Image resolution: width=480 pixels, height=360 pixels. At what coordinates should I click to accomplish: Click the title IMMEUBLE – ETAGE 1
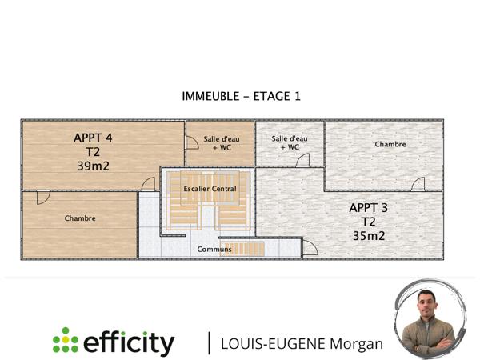tap(240, 96)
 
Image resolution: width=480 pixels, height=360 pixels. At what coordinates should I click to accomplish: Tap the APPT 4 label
tap(93, 138)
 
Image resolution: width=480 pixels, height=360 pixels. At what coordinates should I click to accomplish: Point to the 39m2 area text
tap(93, 166)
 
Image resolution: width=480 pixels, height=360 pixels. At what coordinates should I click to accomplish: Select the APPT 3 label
tap(369, 207)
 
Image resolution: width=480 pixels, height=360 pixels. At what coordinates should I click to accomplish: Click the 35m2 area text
tap(369, 236)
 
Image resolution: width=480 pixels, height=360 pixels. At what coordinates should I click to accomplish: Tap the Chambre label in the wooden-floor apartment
tap(80, 218)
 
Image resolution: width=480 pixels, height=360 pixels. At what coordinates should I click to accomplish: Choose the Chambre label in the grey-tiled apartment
tap(390, 145)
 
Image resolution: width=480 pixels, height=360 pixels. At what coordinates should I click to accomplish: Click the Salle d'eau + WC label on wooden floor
tap(222, 143)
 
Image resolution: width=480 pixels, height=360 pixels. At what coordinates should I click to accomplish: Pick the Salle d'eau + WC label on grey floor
tap(290, 142)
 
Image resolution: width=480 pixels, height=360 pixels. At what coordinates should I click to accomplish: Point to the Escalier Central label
tap(210, 189)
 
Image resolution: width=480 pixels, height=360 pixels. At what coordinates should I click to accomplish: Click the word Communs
tap(214, 249)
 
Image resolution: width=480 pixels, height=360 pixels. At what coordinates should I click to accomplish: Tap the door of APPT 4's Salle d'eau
tap(192, 143)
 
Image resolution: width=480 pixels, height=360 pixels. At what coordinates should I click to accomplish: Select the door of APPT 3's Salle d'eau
tap(303, 160)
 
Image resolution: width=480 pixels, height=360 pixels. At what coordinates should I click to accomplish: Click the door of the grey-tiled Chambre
tap(418, 184)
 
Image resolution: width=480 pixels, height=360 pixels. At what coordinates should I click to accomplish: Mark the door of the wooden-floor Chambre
tap(43, 197)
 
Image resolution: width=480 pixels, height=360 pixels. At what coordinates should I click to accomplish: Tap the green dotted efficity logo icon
tap(65, 342)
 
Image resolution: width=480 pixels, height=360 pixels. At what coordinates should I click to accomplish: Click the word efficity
tap(128, 343)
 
